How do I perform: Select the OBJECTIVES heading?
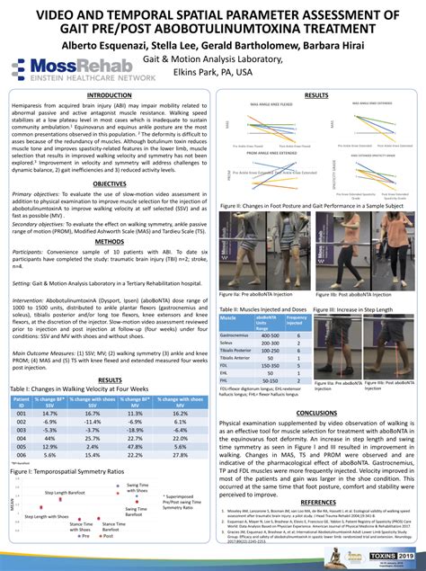(110, 183)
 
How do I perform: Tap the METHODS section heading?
(110, 242)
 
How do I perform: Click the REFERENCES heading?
(316, 502)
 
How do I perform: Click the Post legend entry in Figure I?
(106, 547)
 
